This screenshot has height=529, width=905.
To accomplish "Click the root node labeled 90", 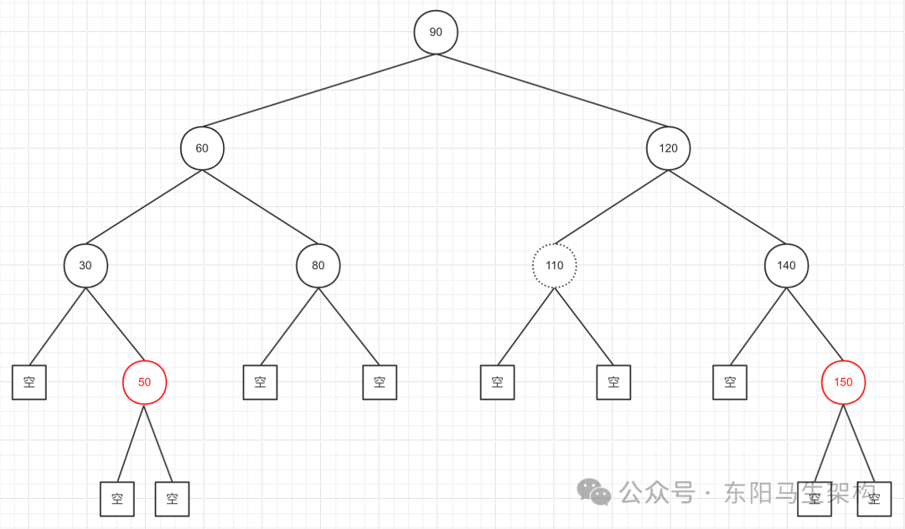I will [x=436, y=32].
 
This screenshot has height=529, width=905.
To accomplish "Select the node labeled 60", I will [x=202, y=148].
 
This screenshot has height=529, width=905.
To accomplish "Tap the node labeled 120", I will [x=668, y=148].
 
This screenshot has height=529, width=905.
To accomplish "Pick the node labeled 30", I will [x=85, y=266].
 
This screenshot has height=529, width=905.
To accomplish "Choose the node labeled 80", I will [x=318, y=266].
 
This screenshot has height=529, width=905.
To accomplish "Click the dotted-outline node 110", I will [x=555, y=266].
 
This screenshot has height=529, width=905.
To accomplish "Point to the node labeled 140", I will [x=786, y=266].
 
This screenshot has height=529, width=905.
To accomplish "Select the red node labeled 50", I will [x=145, y=382].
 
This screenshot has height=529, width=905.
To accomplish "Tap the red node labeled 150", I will [x=843, y=382].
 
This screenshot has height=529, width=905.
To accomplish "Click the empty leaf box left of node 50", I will [x=29, y=382].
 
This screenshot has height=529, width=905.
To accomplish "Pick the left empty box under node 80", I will [x=260, y=382].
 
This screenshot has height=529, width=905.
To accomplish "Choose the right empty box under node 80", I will [x=380, y=382].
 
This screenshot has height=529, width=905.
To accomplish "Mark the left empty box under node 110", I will [x=498, y=382].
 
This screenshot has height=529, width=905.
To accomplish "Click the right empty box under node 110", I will [x=613, y=382].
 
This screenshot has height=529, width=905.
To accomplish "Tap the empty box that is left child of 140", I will [x=730, y=382].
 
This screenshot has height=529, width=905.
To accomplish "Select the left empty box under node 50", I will [x=116, y=499].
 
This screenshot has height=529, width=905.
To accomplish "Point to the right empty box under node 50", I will [x=173, y=499].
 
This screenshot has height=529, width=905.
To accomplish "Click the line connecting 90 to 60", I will [x=318, y=91].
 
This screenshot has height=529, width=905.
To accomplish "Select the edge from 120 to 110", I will [x=612, y=207].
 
